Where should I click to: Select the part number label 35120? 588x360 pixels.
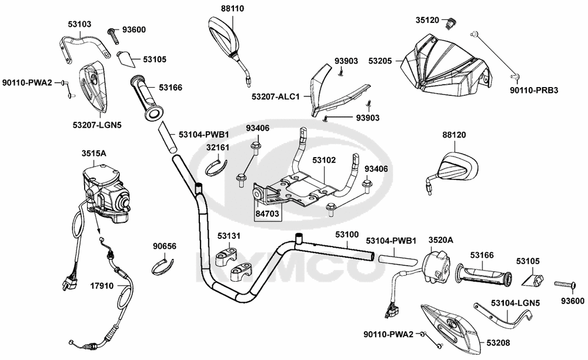click(427, 20)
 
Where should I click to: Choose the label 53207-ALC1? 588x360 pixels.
click(276, 96)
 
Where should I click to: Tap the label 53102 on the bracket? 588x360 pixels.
click(324, 159)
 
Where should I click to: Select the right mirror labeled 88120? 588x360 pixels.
click(459, 167)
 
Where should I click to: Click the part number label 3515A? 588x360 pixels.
click(93, 154)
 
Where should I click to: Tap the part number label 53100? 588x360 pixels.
click(347, 234)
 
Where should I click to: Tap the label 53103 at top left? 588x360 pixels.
click(79, 24)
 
